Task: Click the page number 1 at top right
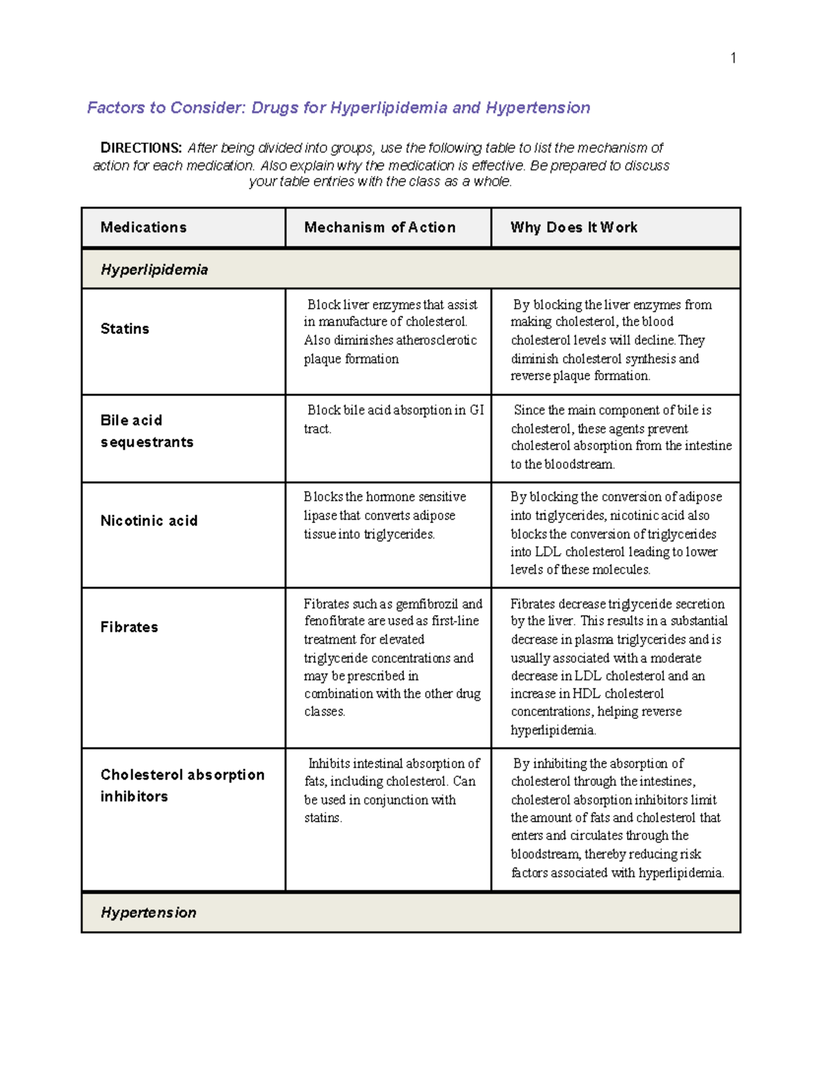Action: click(x=733, y=58)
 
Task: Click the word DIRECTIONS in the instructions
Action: click(x=141, y=148)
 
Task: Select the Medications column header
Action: click(x=144, y=227)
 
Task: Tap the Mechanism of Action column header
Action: click(x=379, y=227)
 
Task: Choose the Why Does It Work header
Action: click(x=573, y=227)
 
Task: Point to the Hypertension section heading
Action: click(x=149, y=912)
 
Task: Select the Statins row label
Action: click(x=125, y=328)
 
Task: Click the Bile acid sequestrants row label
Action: click(x=146, y=431)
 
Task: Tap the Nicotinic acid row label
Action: click(x=149, y=521)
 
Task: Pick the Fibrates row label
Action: click(x=129, y=627)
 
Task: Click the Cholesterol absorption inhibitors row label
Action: click(x=182, y=785)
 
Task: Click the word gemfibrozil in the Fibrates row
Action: click(x=427, y=604)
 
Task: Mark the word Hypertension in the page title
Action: click(x=538, y=107)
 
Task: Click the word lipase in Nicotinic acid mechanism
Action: click(x=320, y=516)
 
